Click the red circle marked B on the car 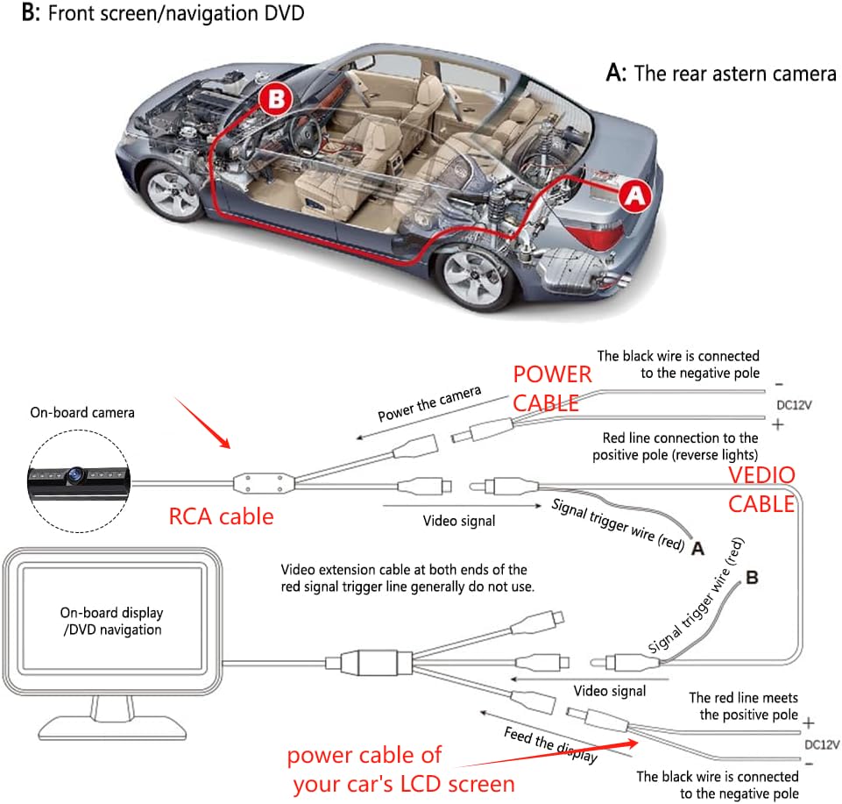(276, 99)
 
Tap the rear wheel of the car (471, 275)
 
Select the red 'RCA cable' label (221, 516)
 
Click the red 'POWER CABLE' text (552, 388)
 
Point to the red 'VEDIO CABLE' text (761, 490)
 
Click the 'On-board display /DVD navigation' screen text (111, 622)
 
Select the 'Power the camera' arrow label (429, 404)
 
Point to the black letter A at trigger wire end (697, 548)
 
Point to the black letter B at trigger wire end (752, 579)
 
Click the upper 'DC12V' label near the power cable (795, 406)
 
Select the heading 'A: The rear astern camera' (721, 74)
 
